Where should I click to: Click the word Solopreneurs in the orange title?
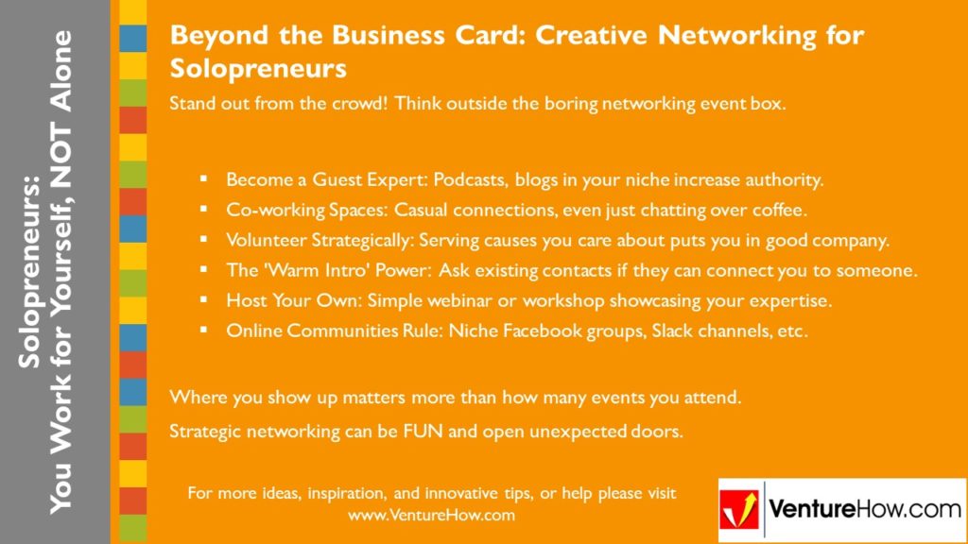pos(258,69)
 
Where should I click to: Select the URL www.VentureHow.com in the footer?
pos(431,515)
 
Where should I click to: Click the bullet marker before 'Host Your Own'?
pos(203,300)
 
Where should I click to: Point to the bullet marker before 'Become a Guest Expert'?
pos(203,178)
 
